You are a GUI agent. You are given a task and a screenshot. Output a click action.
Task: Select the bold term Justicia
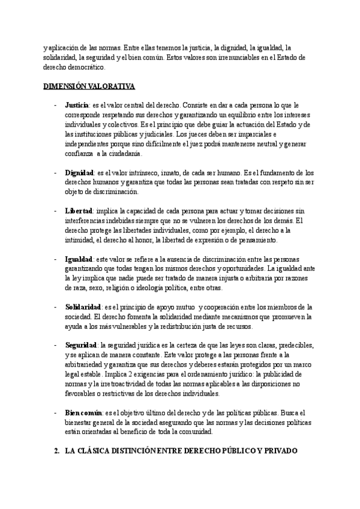(77, 105)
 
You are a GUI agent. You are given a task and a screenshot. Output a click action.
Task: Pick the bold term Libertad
(78, 211)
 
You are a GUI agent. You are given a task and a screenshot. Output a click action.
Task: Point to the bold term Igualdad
(78, 259)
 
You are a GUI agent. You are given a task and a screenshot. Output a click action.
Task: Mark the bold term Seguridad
(80, 345)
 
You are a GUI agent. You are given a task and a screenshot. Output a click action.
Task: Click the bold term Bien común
(83, 412)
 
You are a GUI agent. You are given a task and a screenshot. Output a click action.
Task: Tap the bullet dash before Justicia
(56, 105)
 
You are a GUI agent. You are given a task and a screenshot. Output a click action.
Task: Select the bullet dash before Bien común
(56, 412)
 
